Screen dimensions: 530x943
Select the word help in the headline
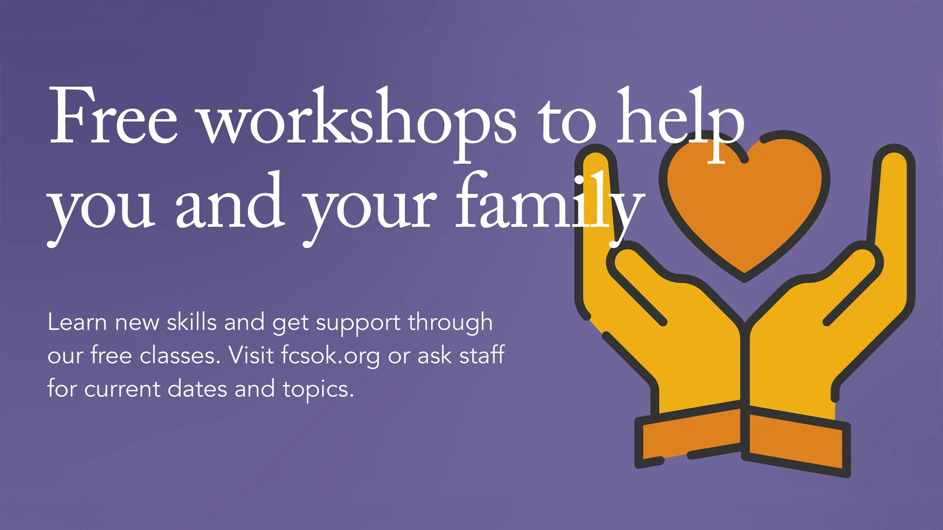(680, 120)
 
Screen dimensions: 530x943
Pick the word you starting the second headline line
(101, 209)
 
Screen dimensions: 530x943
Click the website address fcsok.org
(331, 355)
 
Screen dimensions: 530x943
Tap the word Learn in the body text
(77, 322)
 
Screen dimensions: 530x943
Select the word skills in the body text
(192, 322)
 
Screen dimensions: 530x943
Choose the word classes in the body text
(180, 355)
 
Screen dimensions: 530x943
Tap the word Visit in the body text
(251, 355)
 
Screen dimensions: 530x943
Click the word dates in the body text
(197, 389)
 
